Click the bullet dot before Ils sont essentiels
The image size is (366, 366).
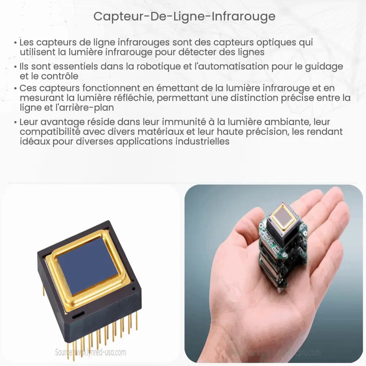pos(15,67)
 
